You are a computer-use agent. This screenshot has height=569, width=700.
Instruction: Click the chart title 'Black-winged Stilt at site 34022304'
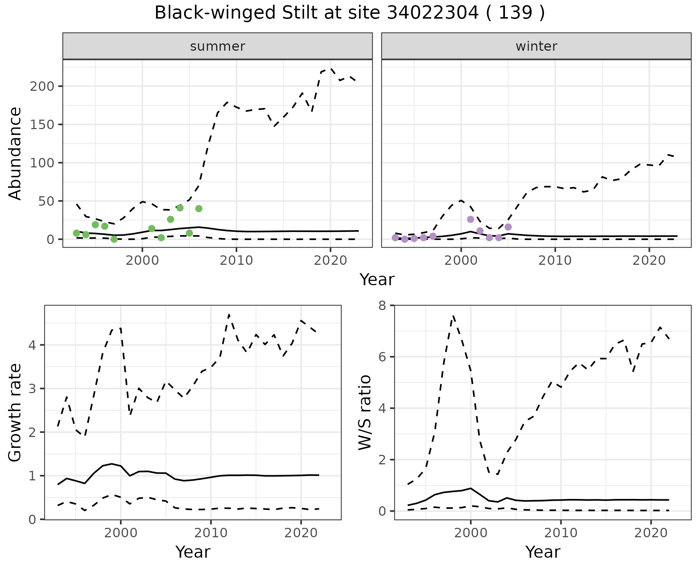[349, 13]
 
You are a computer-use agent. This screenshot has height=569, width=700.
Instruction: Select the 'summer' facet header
[217, 46]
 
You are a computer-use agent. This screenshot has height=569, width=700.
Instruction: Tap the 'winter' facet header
[536, 46]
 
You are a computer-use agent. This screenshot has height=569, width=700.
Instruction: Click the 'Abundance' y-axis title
[15, 153]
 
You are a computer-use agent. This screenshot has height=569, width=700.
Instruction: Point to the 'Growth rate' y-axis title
[15, 413]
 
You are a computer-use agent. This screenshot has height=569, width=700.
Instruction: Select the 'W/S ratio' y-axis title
[365, 413]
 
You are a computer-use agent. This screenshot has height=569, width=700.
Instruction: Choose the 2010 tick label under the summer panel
[236, 261]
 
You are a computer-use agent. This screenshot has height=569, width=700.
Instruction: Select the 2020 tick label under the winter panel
[649, 261]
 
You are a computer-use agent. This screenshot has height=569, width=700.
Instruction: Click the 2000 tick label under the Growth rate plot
[121, 533]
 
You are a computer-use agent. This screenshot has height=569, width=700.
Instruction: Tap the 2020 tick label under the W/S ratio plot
[651, 533]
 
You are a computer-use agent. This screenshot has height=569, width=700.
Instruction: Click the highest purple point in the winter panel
[470, 219]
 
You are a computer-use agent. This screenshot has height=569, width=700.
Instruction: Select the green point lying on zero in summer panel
[114, 239]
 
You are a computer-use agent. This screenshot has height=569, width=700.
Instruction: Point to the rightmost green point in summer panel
[199, 209]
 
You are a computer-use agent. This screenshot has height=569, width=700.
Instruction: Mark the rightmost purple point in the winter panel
[508, 227]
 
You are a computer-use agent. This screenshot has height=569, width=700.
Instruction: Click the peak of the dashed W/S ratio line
[453, 316]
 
